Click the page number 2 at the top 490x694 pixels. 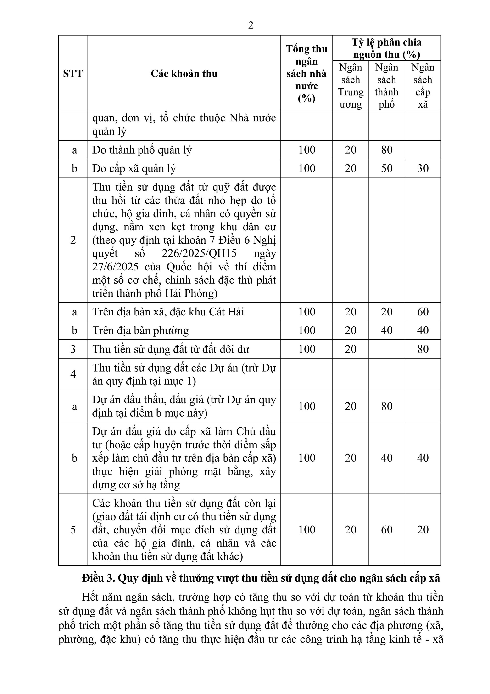251,25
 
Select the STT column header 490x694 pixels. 73,74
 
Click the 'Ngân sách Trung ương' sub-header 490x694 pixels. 350,86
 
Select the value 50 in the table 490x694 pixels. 386,168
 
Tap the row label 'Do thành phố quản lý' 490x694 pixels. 142,150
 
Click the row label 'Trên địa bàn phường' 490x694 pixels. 140,330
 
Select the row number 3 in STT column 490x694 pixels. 73,349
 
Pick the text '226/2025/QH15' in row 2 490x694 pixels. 199,253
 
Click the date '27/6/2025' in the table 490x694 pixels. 115,267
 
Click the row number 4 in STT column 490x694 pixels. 73,374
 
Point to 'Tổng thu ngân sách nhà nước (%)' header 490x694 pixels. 306,74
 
